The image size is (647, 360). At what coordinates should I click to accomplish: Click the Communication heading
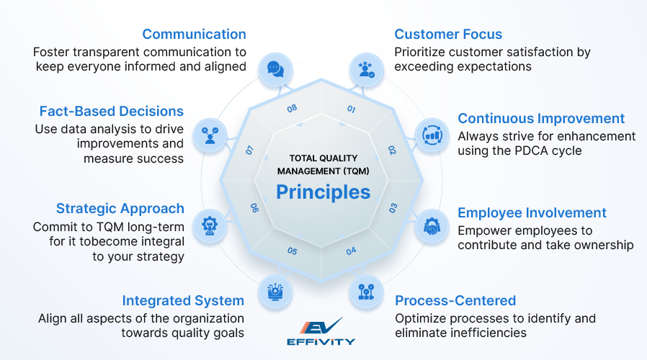pyautogui.click(x=194, y=34)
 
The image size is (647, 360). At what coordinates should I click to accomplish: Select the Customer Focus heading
pyautogui.click(x=448, y=34)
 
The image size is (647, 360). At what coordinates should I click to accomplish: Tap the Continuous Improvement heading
pyautogui.click(x=541, y=118)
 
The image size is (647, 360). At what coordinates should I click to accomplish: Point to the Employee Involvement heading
pyautogui.click(x=532, y=212)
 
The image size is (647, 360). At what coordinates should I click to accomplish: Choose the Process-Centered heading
pyautogui.click(x=455, y=300)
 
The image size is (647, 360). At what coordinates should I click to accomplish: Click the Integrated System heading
pyautogui.click(x=183, y=300)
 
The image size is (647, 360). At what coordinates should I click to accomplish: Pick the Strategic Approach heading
pyautogui.click(x=120, y=208)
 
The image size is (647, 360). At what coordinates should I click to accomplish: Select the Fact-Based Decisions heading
pyautogui.click(x=112, y=111)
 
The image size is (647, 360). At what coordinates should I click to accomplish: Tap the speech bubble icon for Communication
pyautogui.click(x=275, y=68)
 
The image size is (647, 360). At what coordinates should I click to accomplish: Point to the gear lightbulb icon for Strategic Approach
pyautogui.click(x=210, y=222)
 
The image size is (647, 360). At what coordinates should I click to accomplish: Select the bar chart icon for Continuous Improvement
pyautogui.click(x=432, y=134)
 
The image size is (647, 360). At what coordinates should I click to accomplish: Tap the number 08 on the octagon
pyautogui.click(x=292, y=109)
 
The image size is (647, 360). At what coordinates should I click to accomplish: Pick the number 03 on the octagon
pyautogui.click(x=393, y=208)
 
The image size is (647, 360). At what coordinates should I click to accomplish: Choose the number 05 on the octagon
pyautogui.click(x=292, y=251)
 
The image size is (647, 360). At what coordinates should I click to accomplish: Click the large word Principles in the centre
pyautogui.click(x=323, y=192)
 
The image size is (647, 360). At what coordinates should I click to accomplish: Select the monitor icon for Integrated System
pyautogui.click(x=275, y=290)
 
